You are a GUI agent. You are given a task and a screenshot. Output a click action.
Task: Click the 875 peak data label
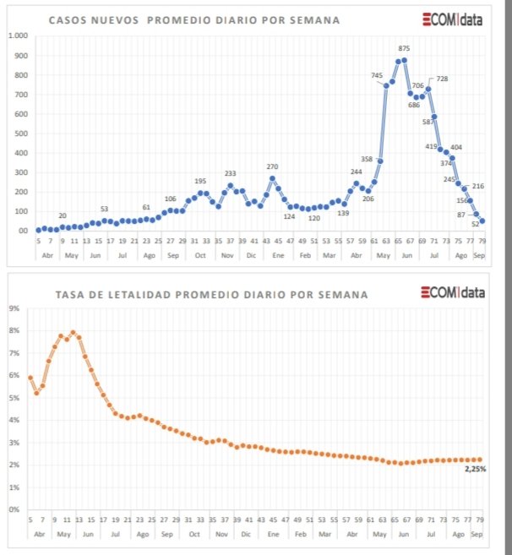(404, 48)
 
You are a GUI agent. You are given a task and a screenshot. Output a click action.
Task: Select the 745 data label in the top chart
(377, 75)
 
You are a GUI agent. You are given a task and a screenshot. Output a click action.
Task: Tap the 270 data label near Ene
(272, 166)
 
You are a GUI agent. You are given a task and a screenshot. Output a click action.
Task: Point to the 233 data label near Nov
(230, 173)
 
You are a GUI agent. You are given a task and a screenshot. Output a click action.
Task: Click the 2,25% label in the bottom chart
(476, 468)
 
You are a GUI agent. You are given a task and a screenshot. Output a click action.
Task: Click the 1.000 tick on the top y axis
(17, 35)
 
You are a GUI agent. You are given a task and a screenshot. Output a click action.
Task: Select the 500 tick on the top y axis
(19, 133)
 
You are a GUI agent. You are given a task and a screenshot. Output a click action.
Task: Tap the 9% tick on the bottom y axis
(14, 308)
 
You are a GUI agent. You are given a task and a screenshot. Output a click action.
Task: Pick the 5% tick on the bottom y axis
(14, 398)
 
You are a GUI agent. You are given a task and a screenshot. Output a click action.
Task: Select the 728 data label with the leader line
(442, 79)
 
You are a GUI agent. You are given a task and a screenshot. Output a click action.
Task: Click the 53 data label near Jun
(104, 209)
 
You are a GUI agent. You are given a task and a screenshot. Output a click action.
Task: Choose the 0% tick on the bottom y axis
(14, 509)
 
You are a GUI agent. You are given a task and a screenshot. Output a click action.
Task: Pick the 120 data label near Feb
(313, 218)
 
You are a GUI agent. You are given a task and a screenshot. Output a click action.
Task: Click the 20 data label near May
(63, 215)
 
